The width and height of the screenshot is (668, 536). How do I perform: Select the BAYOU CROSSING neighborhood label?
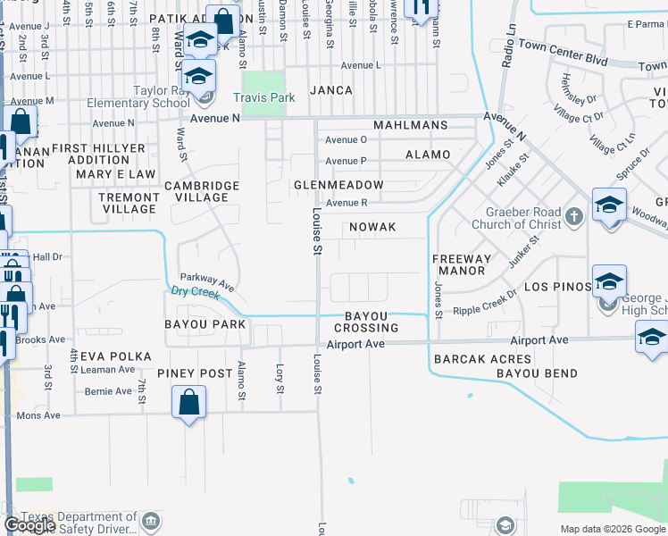(x=366, y=322)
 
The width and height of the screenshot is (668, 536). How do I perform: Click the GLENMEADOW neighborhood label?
(x=338, y=185)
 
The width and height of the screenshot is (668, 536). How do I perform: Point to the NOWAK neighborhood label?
(x=372, y=227)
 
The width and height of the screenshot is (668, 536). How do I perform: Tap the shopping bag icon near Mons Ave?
(x=189, y=403)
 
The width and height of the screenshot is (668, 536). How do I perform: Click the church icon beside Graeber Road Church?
(x=573, y=215)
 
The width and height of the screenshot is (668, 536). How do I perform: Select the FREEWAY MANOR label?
(x=462, y=264)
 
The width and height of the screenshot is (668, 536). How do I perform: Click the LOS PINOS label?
(x=557, y=287)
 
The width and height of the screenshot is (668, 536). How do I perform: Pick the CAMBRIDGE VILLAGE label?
(x=202, y=191)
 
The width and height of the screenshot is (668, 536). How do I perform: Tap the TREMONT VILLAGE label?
(x=129, y=203)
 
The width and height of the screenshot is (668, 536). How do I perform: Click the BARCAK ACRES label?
(x=470, y=359)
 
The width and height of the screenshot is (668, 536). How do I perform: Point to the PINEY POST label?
(x=195, y=373)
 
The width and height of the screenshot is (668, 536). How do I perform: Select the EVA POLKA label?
(x=113, y=356)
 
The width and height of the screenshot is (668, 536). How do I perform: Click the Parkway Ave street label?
(x=207, y=281)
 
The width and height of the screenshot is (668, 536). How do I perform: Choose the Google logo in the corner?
(x=29, y=525)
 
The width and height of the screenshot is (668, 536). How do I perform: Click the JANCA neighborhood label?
(x=332, y=90)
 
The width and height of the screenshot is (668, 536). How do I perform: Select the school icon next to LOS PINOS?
(x=609, y=281)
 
